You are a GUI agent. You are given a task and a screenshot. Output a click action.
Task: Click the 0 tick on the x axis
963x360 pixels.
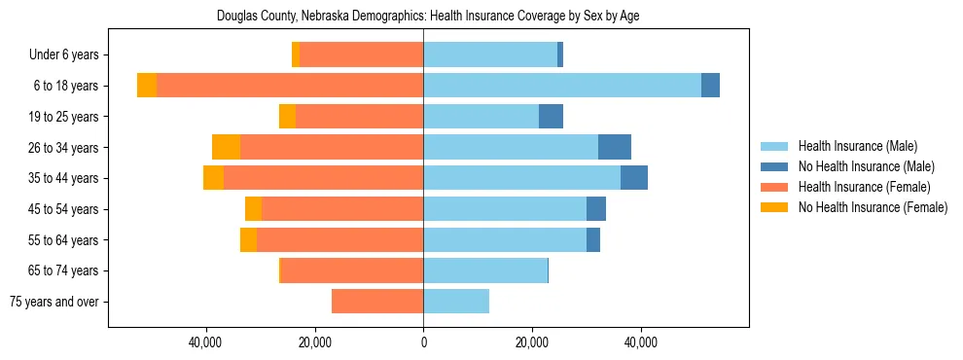[423, 342]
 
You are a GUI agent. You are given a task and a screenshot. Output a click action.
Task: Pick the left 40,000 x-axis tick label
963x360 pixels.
[206, 342]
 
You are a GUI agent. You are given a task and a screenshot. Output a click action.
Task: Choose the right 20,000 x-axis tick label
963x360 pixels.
[532, 342]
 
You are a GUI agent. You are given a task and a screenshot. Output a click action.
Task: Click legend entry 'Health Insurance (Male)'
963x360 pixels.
[857, 146]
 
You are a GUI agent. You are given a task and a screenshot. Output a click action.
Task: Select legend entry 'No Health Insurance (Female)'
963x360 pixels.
[873, 207]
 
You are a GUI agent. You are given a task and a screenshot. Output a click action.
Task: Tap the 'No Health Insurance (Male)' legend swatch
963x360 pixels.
[774, 166]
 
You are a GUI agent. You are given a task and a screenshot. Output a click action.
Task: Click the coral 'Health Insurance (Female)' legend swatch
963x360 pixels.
[774, 187]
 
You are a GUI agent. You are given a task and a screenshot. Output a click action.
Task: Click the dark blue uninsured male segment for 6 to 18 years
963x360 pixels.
[710, 86]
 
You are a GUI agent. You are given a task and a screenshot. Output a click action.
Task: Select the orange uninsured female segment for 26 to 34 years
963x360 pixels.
[226, 147]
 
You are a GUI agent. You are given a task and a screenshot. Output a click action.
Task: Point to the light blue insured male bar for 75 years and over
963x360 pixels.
[456, 302]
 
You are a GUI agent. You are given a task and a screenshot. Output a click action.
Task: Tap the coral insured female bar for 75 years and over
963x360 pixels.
[377, 302]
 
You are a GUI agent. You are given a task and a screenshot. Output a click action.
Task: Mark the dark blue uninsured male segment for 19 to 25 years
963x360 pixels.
[551, 117]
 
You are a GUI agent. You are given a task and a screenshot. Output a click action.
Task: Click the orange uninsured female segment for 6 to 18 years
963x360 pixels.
[147, 86]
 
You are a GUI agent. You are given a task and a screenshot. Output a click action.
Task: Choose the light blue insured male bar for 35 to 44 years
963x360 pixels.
[521, 178]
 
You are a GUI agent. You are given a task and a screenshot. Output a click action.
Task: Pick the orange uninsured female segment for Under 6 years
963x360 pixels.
[296, 55]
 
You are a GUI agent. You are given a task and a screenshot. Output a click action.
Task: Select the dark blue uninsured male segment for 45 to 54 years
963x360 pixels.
[596, 209]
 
